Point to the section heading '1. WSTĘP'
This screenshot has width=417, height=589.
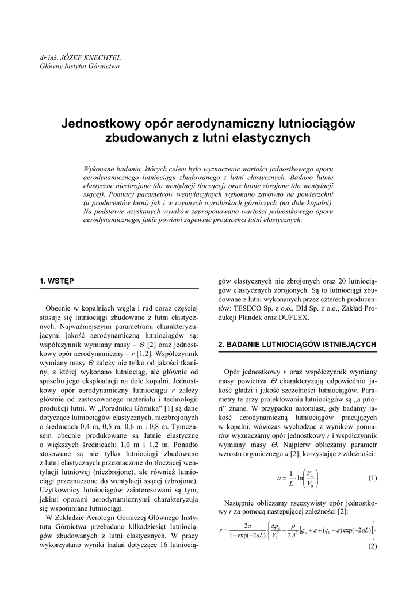tap(56, 281)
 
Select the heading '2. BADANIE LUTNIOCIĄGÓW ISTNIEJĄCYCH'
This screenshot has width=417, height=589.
tap(297, 344)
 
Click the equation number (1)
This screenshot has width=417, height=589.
tap(372, 478)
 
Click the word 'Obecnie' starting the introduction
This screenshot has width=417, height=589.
tap(60, 309)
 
